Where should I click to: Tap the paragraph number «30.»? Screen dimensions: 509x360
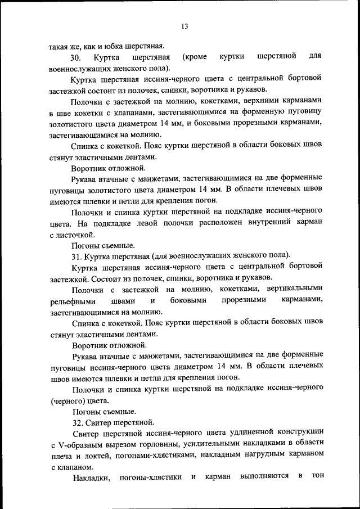pyautogui.click(x=76, y=58)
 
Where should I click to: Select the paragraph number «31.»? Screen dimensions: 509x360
pyautogui.click(x=77, y=256)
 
